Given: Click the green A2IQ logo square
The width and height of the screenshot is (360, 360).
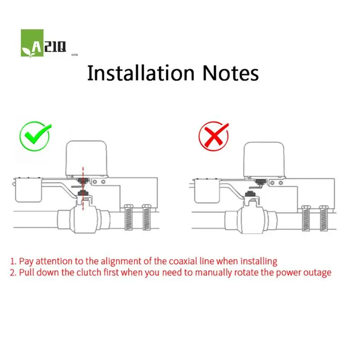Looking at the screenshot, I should (x=32, y=43).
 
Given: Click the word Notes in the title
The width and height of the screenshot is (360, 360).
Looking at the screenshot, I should (x=229, y=72).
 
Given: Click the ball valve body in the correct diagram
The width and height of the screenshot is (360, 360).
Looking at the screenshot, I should (x=85, y=219).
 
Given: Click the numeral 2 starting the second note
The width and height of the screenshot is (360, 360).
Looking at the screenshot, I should (x=13, y=273).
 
